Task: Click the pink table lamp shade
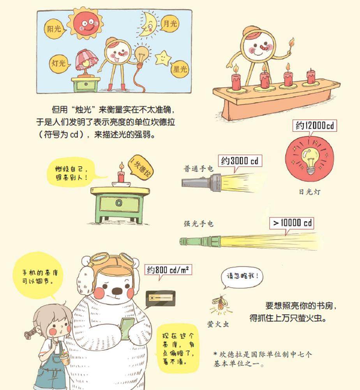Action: pyautogui.click(x=86, y=60)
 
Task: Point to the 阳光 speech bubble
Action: pyautogui.click(x=55, y=29)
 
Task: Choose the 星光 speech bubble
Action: pyautogui.click(x=179, y=69)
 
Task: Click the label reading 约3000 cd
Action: pyautogui.click(x=240, y=161)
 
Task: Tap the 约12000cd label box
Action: pyautogui.click(x=314, y=126)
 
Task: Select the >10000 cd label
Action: pyautogui.click(x=291, y=223)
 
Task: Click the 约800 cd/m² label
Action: pyautogui.click(x=168, y=270)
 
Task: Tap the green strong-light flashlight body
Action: pyautogui.click(x=200, y=241)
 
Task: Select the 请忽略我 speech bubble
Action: pyautogui.click(x=242, y=277)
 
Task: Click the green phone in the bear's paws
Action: pyautogui.click(x=127, y=328)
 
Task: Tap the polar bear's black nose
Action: pyautogui.click(x=117, y=291)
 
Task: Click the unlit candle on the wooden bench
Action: pyautogui.click(x=311, y=77)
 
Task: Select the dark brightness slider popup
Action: pyautogui.click(x=160, y=298)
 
